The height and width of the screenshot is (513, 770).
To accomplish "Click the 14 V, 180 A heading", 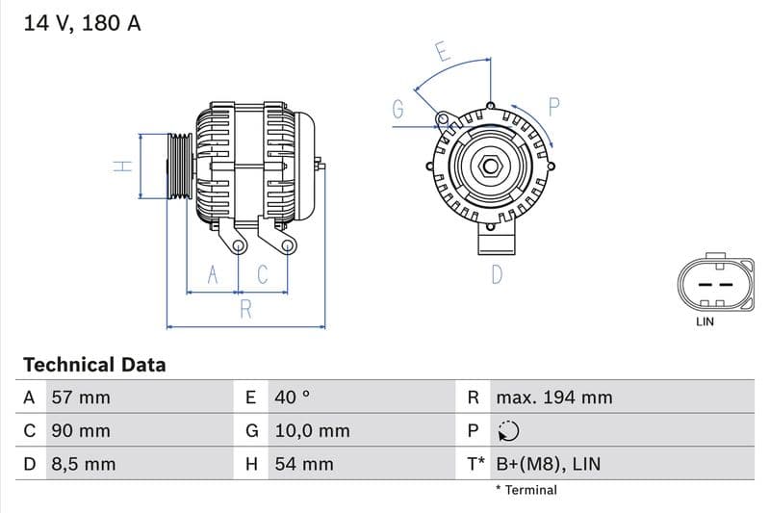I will tap(82, 23).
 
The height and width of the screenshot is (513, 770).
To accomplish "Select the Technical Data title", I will tap(94, 365).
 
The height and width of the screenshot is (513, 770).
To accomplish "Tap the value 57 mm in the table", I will tap(80, 398).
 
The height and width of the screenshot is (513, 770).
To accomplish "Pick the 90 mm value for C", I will tap(80, 431).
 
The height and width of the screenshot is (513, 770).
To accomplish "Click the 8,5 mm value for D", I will tap(83, 464).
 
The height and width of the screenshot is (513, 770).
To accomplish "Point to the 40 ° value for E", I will tap(292, 398).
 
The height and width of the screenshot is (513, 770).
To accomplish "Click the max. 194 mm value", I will tap(553, 398).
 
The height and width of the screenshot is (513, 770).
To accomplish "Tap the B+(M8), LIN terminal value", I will tap(548, 464).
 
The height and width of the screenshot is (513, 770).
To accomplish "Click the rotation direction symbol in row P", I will tap(507, 431).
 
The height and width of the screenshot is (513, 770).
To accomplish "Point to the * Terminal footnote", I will tap(526, 490).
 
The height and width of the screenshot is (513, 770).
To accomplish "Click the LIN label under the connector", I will tap(705, 321).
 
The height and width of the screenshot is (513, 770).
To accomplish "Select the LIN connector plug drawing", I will tap(714, 284).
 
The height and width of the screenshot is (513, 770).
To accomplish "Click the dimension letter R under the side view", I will tap(246, 309).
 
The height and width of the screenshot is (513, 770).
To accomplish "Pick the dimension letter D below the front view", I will tap(497, 274).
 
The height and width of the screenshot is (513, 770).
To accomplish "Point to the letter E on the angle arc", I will tap(443, 52).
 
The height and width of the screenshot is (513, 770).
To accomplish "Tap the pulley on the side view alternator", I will tap(180, 167).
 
